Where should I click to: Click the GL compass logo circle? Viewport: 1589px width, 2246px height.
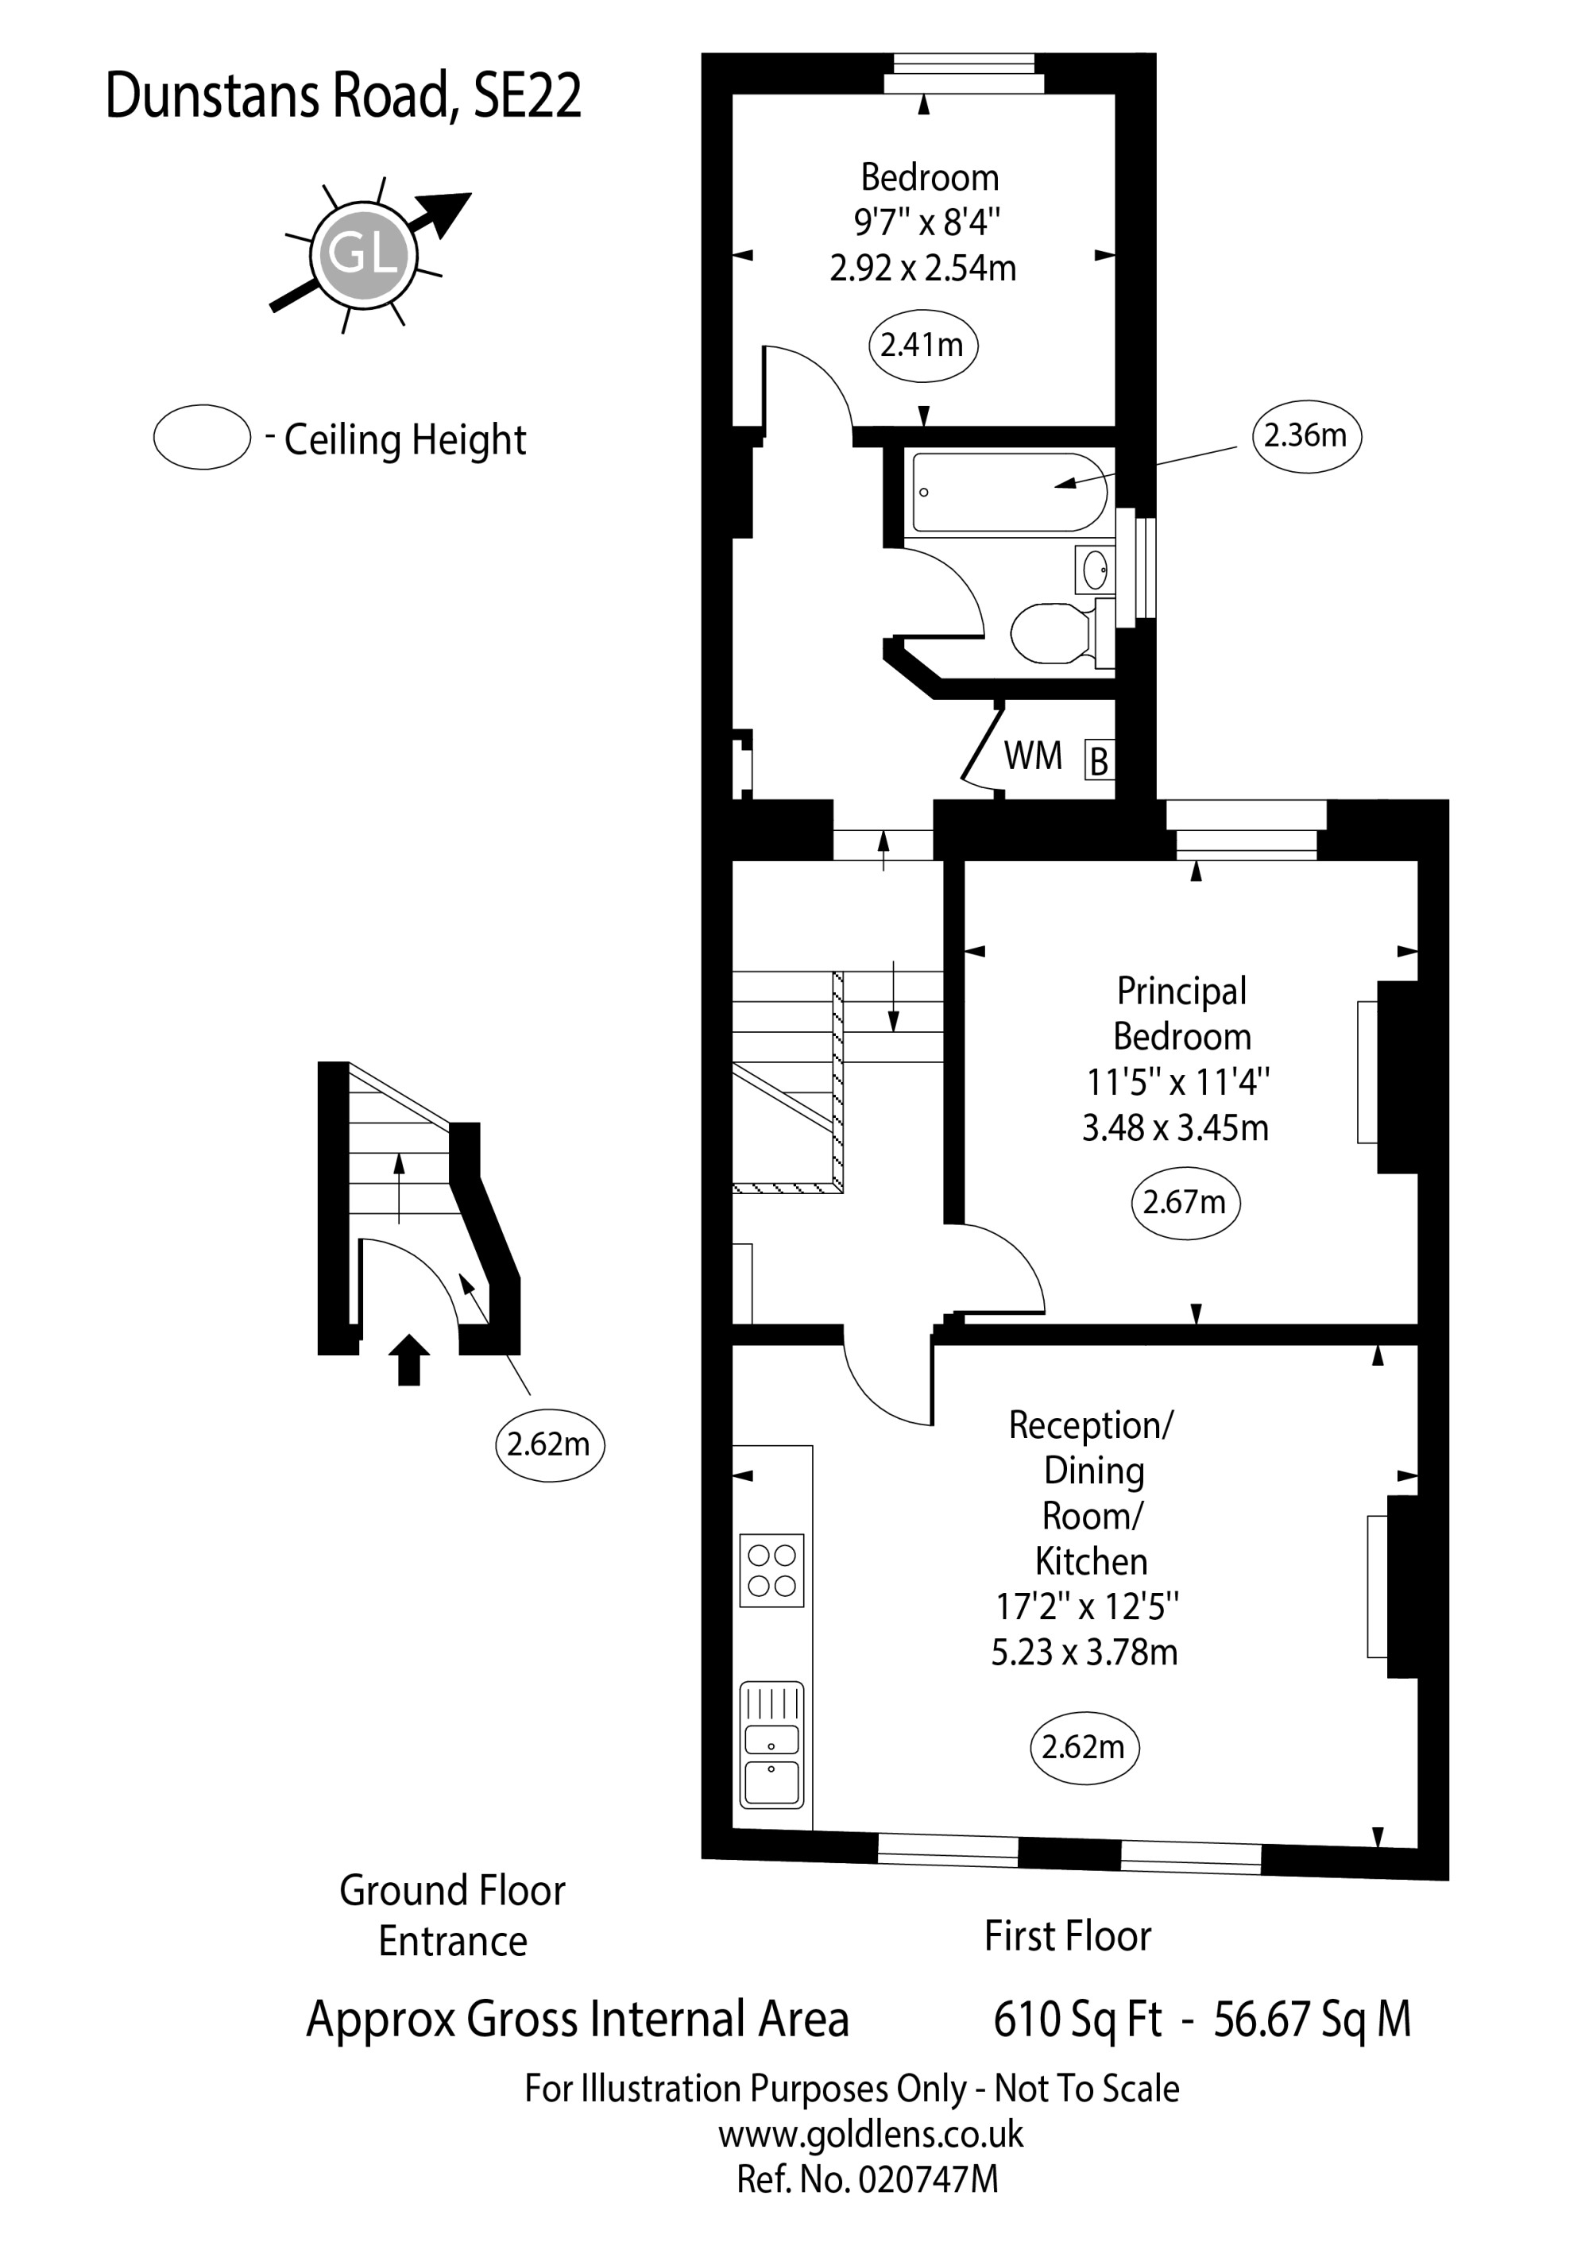point(363,254)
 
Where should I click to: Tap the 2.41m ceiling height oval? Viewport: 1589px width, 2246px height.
point(922,346)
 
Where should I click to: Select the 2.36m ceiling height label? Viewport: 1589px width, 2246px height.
point(1306,435)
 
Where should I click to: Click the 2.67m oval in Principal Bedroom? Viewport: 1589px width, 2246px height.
point(1184,1202)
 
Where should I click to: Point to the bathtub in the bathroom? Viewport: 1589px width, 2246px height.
point(1007,492)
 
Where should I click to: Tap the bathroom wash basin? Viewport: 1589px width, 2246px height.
point(1095,568)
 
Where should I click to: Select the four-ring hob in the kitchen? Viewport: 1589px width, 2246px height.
point(771,1570)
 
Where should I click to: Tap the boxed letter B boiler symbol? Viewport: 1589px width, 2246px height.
point(1099,761)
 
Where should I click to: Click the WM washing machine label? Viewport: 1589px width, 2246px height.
point(1033,756)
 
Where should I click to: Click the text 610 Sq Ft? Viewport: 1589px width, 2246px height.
point(1077,2018)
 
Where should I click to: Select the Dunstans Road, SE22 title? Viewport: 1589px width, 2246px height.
point(342,96)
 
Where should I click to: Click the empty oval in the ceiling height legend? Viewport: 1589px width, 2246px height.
point(202,437)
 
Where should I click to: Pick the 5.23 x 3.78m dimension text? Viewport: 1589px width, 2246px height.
point(1084,1653)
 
